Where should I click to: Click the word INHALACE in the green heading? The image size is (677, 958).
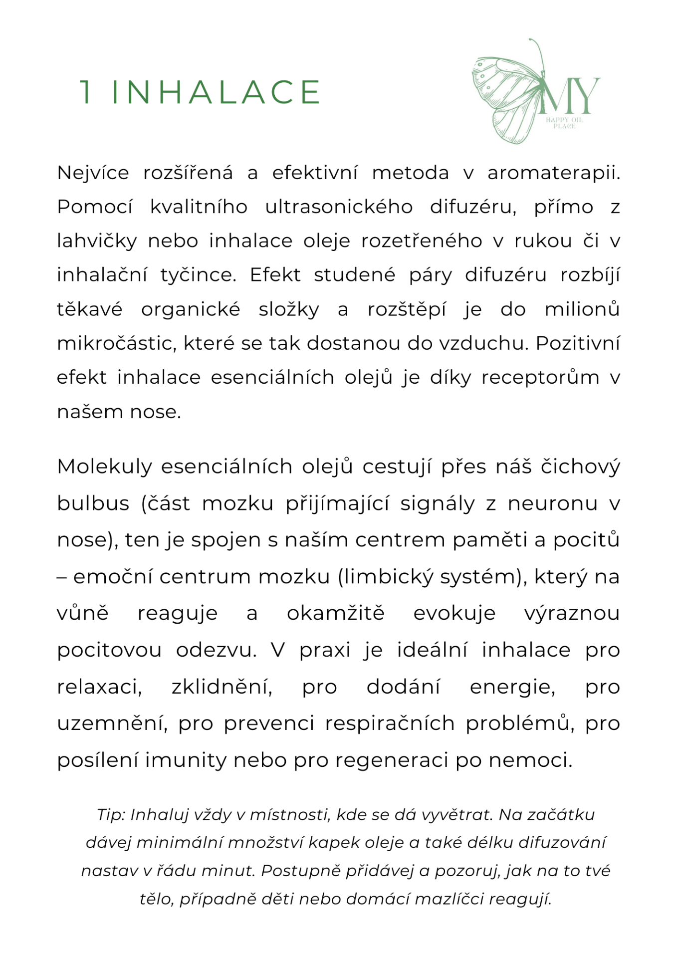click(216, 92)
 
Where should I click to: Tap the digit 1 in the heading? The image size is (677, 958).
click(86, 92)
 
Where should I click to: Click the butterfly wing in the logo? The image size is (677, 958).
click(504, 95)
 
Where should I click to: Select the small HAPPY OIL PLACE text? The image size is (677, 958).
click(564, 123)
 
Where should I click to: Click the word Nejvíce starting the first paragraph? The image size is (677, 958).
click(93, 173)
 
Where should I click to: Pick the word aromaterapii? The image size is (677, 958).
click(553, 173)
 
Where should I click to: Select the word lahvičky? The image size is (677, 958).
click(97, 241)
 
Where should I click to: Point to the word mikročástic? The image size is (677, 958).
click(117, 343)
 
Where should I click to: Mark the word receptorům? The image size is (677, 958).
click(540, 377)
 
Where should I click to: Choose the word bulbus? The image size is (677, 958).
click(93, 503)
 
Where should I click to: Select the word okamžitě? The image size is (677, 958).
click(335, 613)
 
